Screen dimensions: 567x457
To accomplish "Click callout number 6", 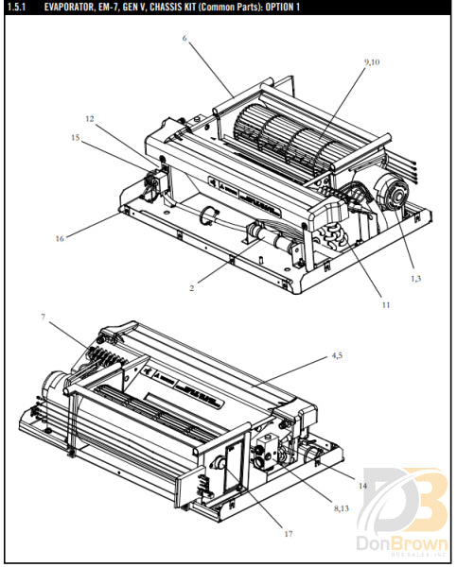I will point(185,39).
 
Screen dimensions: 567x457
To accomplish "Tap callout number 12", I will point(89,119).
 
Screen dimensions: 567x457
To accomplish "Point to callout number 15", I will point(74,138).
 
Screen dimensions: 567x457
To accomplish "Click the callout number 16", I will point(59,238).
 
